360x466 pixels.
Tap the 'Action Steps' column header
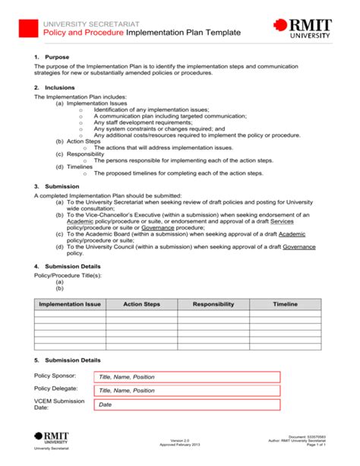[x=141, y=303]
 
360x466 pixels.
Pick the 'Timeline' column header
[x=285, y=303]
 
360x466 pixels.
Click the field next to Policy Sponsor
[x=186, y=377]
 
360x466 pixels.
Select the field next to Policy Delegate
[x=186, y=391]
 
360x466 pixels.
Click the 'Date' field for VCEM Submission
[x=186, y=405]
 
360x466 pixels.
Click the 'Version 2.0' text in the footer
[x=180, y=441]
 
